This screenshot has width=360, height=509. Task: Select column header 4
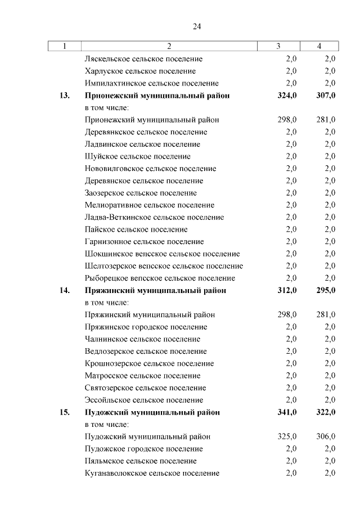coord(319,46)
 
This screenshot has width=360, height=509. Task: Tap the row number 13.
coord(64,96)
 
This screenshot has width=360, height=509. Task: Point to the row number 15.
coord(64,412)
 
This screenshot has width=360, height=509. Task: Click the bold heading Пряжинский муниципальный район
coord(155,290)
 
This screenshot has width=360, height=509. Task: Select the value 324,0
coord(287,96)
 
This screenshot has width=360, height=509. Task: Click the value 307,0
coord(326,96)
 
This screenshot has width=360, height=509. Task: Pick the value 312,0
coord(287,290)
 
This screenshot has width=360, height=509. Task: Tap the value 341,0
coord(287,412)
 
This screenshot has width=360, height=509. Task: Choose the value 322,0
coord(326,412)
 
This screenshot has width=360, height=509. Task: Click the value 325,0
coord(287,436)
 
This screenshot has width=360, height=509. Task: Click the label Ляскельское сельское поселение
coord(143,58)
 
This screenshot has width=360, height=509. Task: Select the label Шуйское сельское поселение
coord(138,156)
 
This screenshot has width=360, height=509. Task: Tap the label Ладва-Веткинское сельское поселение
coord(154,217)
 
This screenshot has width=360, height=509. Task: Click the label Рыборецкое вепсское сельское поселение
coord(160,278)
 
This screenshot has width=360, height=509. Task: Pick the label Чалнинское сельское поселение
coord(142,339)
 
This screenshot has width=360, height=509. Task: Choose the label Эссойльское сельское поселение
coord(144,400)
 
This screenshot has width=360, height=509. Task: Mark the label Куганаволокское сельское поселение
coord(152,473)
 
